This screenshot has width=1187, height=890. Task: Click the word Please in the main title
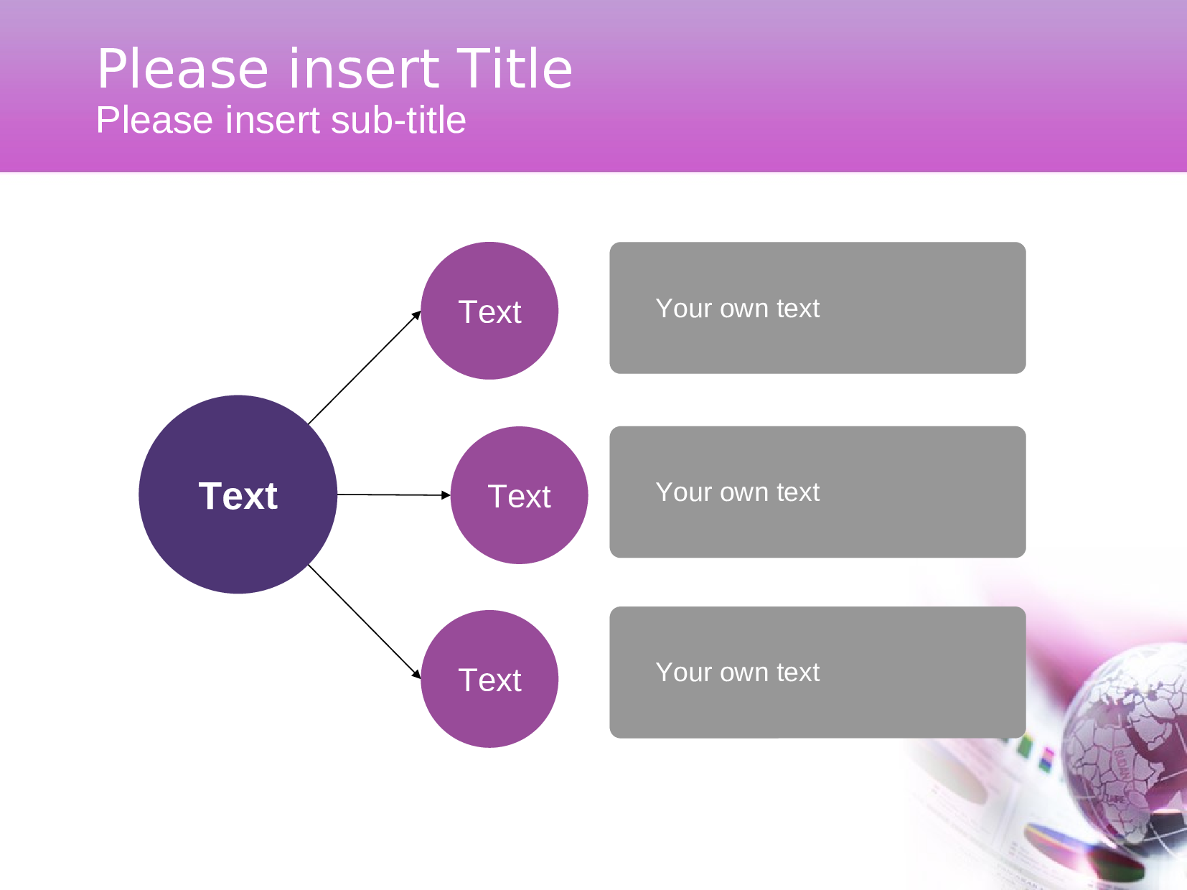[182, 70]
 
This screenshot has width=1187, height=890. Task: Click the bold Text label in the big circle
[238, 496]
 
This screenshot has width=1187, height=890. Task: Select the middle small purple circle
[519, 531]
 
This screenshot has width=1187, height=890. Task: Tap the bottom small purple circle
[489, 714]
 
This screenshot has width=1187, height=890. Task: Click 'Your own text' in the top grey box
[737, 308]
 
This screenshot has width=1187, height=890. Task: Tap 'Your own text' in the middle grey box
[737, 492]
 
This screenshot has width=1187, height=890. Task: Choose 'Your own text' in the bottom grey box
[737, 673]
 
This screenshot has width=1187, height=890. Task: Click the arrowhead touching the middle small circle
[446, 495]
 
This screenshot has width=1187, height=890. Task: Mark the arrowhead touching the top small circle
[417, 314]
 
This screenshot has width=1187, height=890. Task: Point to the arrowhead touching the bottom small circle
[417, 675]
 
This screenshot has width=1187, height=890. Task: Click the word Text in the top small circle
[489, 312]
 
